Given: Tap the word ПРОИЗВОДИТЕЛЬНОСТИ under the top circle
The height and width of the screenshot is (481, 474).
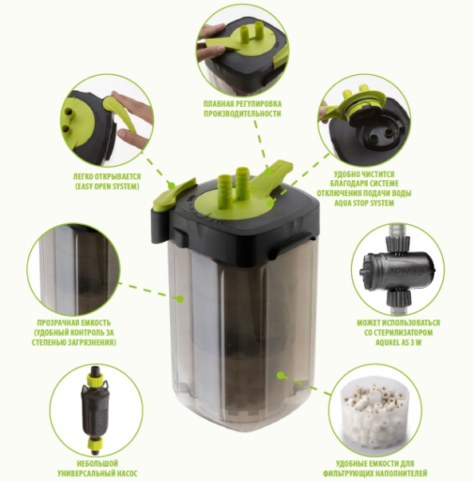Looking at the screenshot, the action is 243,113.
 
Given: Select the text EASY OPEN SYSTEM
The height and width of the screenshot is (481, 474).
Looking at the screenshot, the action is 107,187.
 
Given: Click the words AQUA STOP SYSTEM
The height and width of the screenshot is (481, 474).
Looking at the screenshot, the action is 364,203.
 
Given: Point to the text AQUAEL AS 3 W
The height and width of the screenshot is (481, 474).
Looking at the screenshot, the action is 398,342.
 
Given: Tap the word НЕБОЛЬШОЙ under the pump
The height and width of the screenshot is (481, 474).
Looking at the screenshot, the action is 97,463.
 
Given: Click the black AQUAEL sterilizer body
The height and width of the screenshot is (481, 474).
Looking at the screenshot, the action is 397,271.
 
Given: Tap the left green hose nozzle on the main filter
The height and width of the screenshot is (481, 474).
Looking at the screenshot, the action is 224,188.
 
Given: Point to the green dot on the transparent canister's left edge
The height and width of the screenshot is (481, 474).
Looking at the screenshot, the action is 180,298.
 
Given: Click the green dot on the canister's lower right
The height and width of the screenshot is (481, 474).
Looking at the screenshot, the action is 280,375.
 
